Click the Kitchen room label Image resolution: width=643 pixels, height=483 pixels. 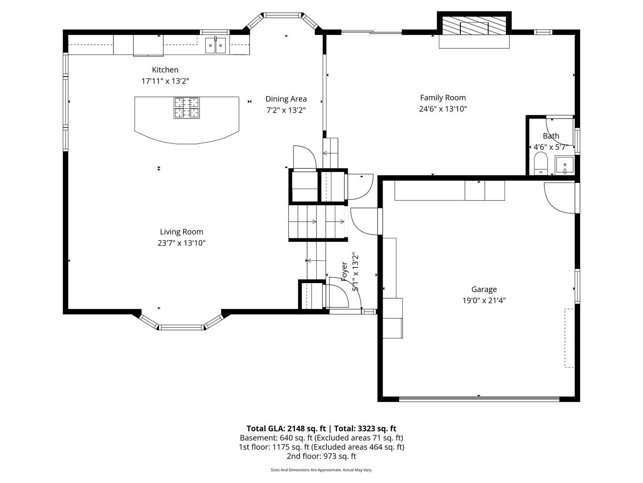(x=165, y=70)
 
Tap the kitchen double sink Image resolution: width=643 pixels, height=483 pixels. (x=215, y=46)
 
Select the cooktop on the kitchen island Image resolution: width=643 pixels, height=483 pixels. (x=187, y=108)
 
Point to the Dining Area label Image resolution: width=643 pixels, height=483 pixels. (x=286, y=99)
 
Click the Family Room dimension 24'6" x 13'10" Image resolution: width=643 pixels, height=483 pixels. (x=443, y=109)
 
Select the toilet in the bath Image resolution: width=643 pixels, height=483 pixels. (x=540, y=164)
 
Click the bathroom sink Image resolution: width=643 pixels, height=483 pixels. (x=564, y=165)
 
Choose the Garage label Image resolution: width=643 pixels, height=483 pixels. (x=484, y=289)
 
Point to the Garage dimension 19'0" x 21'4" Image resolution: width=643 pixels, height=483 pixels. (x=484, y=301)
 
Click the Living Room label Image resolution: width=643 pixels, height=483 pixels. (x=181, y=232)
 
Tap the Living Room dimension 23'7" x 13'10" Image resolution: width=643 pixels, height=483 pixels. (x=181, y=243)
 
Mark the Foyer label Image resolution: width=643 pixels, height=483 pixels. (x=344, y=271)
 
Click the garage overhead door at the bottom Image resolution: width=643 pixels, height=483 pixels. (x=479, y=398)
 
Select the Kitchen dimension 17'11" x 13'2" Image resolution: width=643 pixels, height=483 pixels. (x=165, y=81)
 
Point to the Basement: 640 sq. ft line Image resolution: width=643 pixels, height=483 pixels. (x=321, y=438)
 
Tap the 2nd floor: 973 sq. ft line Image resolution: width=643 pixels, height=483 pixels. (x=321, y=456)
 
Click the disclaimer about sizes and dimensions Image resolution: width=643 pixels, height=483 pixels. (x=321, y=470)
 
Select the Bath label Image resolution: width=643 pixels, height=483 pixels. (x=551, y=136)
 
